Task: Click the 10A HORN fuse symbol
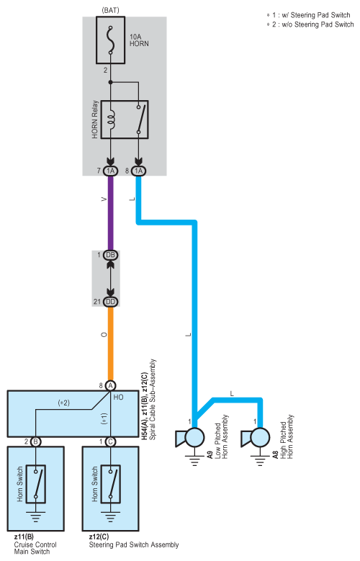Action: pos(111,40)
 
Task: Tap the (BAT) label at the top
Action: pos(110,10)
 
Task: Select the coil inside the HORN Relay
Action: pos(112,120)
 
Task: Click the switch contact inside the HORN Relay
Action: pos(140,120)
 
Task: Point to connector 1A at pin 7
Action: pos(111,171)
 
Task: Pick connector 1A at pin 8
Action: pos(138,171)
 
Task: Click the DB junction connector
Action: pos(111,255)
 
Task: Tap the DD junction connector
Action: pos(111,302)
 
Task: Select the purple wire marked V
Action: pos(111,213)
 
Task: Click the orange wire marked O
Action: pos(111,344)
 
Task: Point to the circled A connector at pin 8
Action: pos(111,386)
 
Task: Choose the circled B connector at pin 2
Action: pos(35,441)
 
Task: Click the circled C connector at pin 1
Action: pos(111,441)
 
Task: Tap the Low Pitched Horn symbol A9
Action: pos(190,438)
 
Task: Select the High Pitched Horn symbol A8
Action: pos(256,438)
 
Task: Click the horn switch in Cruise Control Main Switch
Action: pos(36,484)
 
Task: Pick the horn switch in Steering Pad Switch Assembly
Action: pos(111,484)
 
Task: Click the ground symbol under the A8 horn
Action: pos(260,460)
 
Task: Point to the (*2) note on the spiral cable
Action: pos(63,403)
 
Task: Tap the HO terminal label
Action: pos(119,397)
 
